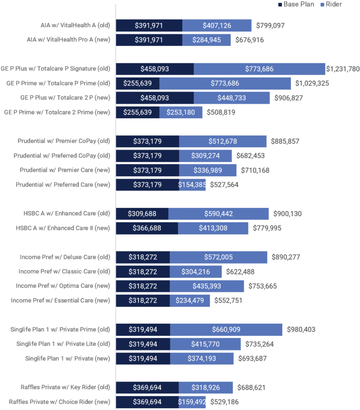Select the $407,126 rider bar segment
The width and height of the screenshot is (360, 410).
pyautogui.click(x=217, y=25)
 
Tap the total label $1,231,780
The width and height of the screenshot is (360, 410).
pyautogui.click(x=343, y=69)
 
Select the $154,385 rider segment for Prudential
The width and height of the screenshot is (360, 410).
pyautogui.click(x=192, y=185)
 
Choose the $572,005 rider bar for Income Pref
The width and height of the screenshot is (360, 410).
pyautogui.click(x=218, y=257)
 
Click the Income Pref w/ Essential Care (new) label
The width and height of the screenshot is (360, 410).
pyautogui.click(x=60, y=301)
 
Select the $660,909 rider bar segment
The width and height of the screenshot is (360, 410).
pyautogui.click(x=226, y=330)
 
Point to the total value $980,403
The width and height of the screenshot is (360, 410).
pyautogui.click(x=301, y=330)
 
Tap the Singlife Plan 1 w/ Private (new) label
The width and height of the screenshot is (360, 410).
pyautogui.click(x=67, y=359)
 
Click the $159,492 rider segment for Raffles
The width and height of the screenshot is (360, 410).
pyautogui.click(x=192, y=402)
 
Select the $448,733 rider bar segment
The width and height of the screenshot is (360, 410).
pyautogui.click(x=232, y=98)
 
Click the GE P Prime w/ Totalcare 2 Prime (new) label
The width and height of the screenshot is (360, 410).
pyautogui.click(x=57, y=112)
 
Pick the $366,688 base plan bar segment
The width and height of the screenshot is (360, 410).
pyautogui.click(x=147, y=228)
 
